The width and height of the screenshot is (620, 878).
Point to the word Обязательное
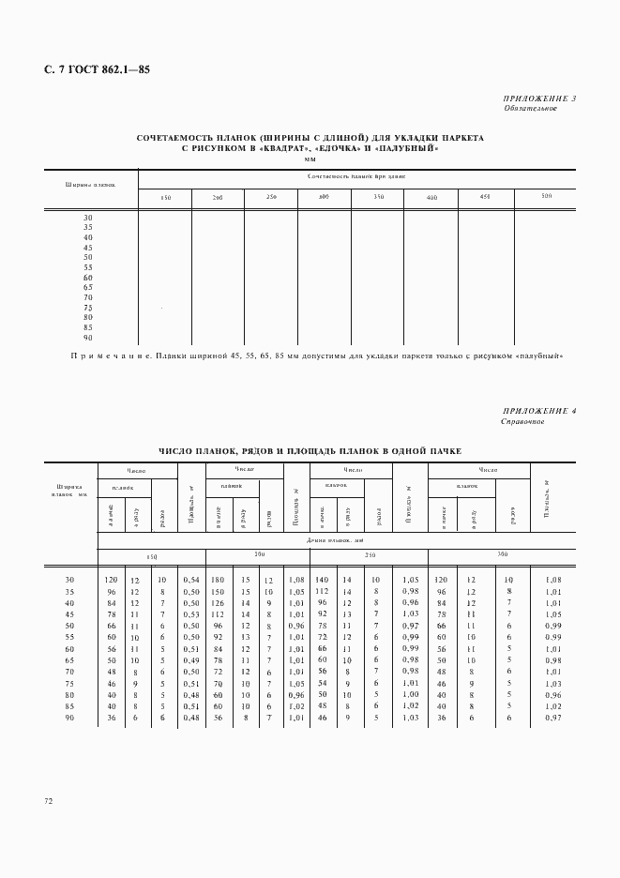coord(530,108)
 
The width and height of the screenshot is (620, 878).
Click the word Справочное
coord(524,422)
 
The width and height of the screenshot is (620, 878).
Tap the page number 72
coord(48,800)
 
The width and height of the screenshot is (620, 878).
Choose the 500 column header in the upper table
coord(546,196)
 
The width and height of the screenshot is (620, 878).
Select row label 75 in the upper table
coord(88,308)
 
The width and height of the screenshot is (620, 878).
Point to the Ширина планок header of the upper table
coord(90,184)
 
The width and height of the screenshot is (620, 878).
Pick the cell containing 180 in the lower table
coord(217,582)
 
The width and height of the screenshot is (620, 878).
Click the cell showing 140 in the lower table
coord(321,582)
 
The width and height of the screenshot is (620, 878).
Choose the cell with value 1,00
coord(408,694)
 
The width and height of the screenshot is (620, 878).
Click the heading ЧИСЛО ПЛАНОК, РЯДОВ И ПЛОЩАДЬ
coord(310,451)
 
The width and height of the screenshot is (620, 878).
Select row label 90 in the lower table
coord(69,719)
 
